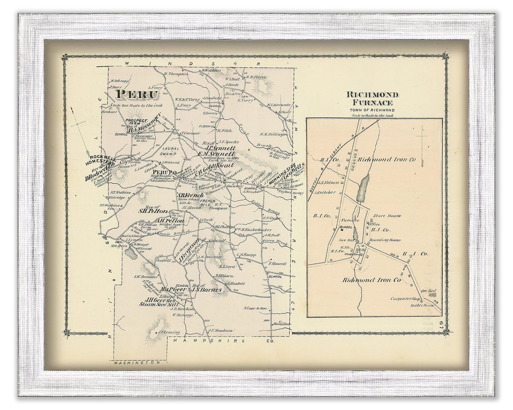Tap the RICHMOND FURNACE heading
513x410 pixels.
click(372, 98)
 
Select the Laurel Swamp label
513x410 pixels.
click(170, 151)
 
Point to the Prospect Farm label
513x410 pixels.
click(136, 123)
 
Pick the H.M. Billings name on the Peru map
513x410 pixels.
click(274, 134)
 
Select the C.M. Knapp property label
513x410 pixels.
click(247, 255)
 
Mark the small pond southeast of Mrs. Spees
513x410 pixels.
click(131, 253)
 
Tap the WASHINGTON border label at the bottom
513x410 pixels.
click(136, 362)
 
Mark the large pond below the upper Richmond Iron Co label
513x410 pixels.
click(362, 188)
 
